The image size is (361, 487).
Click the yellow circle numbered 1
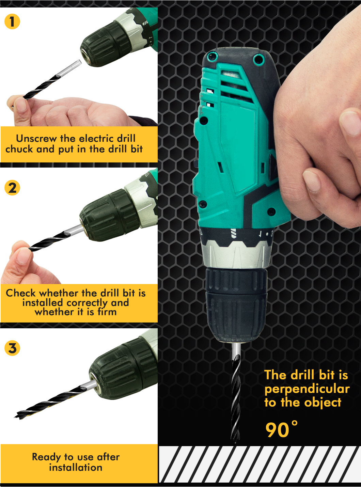coord(12,21)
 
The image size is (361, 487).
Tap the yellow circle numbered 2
coord(12,188)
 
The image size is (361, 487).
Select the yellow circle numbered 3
coord(12,348)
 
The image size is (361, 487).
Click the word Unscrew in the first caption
coord(36,139)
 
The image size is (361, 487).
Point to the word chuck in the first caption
coord(19,149)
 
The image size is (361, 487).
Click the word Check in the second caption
coord(21,293)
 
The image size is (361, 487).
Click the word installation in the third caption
coord(76,468)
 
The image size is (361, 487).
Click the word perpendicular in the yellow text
coord(307,389)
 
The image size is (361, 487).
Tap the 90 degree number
coord(282,429)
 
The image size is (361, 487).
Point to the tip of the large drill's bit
coord(236,443)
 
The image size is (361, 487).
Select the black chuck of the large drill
coord(236,305)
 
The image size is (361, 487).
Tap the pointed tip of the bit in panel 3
coord(15,417)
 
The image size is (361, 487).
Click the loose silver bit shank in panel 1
coord(70,68)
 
